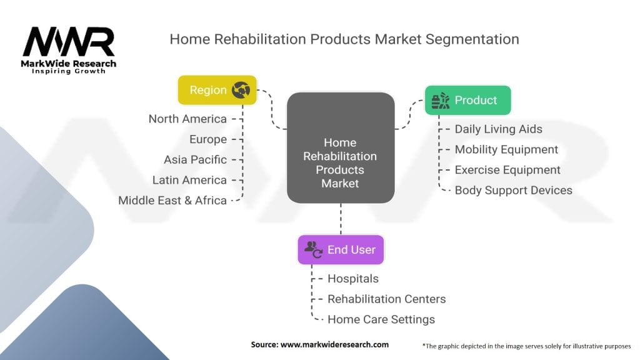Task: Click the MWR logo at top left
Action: (x=69, y=45)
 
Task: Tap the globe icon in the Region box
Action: (x=241, y=90)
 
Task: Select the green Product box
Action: (x=467, y=100)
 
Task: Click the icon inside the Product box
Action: (x=441, y=100)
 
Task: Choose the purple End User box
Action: (x=341, y=249)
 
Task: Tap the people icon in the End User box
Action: (x=313, y=249)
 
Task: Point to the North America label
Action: (x=187, y=119)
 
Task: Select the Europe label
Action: (x=208, y=139)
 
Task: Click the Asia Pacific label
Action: (x=195, y=159)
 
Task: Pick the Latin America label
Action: (x=189, y=180)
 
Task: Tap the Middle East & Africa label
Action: (x=172, y=201)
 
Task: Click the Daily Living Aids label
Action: (x=498, y=129)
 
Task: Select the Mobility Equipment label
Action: (x=506, y=149)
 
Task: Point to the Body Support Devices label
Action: (x=513, y=190)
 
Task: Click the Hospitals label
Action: (x=353, y=279)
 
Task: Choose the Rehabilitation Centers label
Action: (x=386, y=299)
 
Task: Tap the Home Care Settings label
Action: (x=381, y=319)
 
